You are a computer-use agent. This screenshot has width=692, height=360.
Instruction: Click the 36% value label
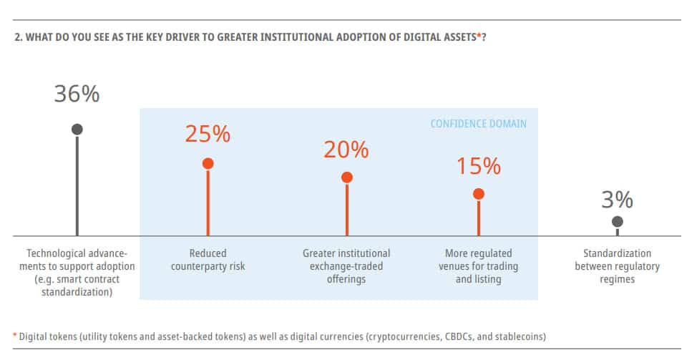77,94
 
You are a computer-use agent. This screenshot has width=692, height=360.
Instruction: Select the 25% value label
208,134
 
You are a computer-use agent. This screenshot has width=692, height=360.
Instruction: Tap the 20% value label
346,150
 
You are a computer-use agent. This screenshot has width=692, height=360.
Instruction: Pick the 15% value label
478,166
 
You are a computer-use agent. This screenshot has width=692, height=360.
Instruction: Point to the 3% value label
617,200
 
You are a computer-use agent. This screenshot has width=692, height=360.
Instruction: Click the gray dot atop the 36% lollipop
77,129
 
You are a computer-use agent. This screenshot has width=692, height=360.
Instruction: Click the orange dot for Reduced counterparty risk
208,163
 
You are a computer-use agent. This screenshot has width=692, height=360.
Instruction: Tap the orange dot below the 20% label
346,177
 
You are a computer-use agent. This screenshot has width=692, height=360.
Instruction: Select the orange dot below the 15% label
479,194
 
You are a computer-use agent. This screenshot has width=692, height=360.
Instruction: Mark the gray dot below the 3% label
618,222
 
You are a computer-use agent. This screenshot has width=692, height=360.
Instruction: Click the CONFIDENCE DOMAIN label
478,124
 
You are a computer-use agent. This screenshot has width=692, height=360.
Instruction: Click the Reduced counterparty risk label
208,260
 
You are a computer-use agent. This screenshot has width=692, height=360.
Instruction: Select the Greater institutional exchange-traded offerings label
346,266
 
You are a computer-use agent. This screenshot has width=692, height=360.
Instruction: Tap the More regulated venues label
478,266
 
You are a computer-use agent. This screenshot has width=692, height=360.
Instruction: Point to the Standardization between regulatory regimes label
617,266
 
